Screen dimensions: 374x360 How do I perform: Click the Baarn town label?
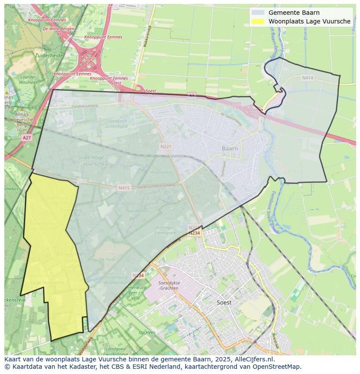(x=230, y=149)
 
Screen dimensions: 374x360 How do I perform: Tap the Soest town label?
(x=224, y=302)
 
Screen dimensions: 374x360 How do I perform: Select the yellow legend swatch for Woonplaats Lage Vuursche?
(x=258, y=21)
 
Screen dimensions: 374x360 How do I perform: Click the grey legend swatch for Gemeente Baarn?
(x=258, y=13)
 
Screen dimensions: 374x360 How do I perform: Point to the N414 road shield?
(x=307, y=78)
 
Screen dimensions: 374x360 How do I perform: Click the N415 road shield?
(x=123, y=188)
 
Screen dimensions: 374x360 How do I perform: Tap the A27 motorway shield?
(x=27, y=138)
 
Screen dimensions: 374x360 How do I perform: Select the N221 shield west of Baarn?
(x=166, y=147)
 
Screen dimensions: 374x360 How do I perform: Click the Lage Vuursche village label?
(x=47, y=283)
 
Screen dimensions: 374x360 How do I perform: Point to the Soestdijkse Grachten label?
(x=168, y=285)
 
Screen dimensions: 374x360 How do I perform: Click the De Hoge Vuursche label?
(x=94, y=160)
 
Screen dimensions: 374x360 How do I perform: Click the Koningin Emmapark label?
(x=164, y=230)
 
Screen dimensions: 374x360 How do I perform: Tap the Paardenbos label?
(x=137, y=211)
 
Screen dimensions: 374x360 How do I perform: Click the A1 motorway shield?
(x=192, y=95)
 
